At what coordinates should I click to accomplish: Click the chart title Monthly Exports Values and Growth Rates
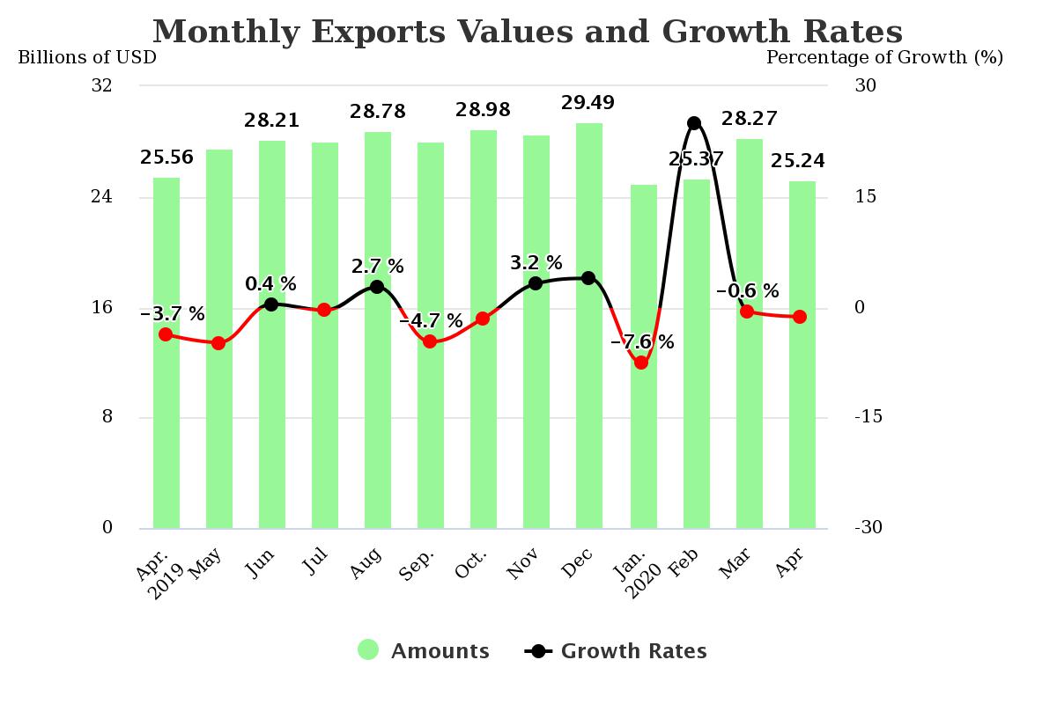tap(528, 32)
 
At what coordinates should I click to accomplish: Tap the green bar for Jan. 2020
tap(644, 440)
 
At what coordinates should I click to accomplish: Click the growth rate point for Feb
tap(694, 123)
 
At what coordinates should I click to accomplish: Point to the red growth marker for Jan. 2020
tap(641, 363)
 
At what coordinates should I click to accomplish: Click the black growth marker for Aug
tap(377, 287)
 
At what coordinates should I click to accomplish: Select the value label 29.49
tap(588, 103)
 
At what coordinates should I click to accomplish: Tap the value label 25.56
tap(166, 158)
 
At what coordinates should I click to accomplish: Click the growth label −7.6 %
tap(642, 342)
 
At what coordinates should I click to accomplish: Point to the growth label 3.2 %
tap(536, 262)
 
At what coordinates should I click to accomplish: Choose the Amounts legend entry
tap(424, 651)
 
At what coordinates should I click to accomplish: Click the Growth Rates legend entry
tap(617, 651)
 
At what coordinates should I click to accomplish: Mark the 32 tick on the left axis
tap(102, 85)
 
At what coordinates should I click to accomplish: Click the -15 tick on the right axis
tap(868, 417)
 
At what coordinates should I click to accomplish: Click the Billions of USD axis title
tap(87, 57)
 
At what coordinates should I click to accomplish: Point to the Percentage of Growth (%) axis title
tap(884, 57)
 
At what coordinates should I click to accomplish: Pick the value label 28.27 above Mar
tap(749, 119)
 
